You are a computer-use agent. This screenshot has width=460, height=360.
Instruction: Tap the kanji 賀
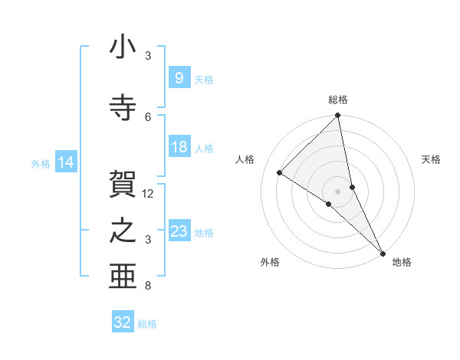tap(123, 185)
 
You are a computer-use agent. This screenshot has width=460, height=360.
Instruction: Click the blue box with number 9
tap(179, 78)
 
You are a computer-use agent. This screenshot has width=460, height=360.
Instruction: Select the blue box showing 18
tap(179, 147)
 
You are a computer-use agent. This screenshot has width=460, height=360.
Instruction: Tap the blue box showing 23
tap(179, 231)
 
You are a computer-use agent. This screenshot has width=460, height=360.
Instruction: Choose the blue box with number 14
tap(65, 162)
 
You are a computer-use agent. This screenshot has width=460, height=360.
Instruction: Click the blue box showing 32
tap(123, 322)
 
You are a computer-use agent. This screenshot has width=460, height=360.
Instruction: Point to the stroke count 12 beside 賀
tap(149, 194)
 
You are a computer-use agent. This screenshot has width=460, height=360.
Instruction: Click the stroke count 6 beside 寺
tap(149, 116)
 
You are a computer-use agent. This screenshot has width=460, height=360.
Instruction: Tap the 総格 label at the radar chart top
tap(338, 100)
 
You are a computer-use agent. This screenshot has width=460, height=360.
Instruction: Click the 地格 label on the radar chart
tap(402, 262)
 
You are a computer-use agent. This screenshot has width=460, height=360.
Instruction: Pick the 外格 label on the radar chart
tap(270, 262)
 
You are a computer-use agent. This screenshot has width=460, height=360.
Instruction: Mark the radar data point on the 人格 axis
tap(280, 173)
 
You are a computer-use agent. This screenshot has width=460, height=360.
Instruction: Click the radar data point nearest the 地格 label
tap(382, 253)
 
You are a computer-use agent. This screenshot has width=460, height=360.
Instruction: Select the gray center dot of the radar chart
tap(337, 191)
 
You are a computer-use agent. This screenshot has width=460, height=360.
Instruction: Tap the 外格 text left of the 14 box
tap(41, 163)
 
